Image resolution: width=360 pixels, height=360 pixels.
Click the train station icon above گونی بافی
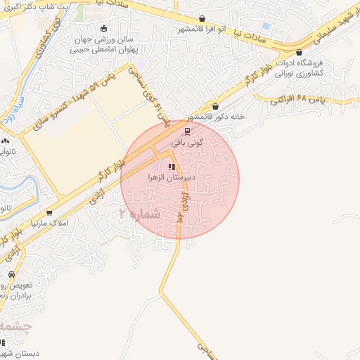(187, 130)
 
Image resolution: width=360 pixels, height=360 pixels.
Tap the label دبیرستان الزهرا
(174, 178)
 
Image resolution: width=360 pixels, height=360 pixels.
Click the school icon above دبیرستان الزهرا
(171, 167)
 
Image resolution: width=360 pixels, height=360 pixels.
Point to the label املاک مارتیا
(44, 222)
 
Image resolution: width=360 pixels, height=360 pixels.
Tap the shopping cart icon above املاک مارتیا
(49, 212)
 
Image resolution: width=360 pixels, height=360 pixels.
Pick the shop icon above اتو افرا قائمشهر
(202, 19)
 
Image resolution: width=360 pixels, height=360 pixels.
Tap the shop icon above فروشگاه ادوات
(300, 53)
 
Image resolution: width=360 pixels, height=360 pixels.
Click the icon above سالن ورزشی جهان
(105, 29)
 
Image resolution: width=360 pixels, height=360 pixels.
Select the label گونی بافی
(188, 141)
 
